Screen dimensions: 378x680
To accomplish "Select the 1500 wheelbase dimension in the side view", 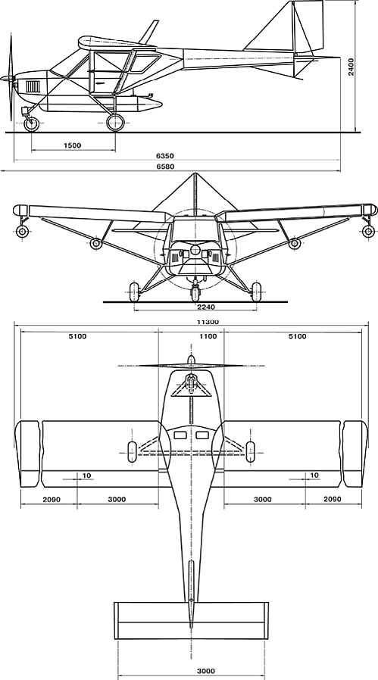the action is (x=73, y=145).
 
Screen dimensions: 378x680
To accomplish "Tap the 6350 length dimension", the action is (x=168, y=156).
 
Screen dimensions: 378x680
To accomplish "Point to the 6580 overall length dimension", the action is (x=168, y=166).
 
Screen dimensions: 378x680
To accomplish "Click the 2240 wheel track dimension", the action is (x=206, y=307).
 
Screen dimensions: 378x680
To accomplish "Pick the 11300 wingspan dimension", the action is (x=208, y=323).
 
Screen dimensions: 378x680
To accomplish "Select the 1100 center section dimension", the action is (x=208, y=336).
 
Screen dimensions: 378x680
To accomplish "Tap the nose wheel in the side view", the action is (x=32, y=124).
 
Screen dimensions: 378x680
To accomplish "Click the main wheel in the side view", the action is (x=115, y=123).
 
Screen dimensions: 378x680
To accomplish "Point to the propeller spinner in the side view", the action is (x=7, y=79).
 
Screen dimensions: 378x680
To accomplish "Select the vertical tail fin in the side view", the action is (x=308, y=26).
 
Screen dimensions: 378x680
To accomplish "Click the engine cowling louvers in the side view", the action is (x=33, y=86).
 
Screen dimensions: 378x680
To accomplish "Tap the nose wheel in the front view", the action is (x=195, y=292).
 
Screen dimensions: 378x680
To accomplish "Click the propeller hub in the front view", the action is (x=195, y=250).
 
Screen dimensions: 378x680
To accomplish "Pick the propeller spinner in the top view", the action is (x=191, y=360).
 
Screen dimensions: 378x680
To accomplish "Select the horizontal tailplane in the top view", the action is (x=192, y=620).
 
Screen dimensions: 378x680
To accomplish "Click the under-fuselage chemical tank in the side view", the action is (x=101, y=104).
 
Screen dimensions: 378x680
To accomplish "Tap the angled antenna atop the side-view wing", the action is (x=149, y=32).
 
